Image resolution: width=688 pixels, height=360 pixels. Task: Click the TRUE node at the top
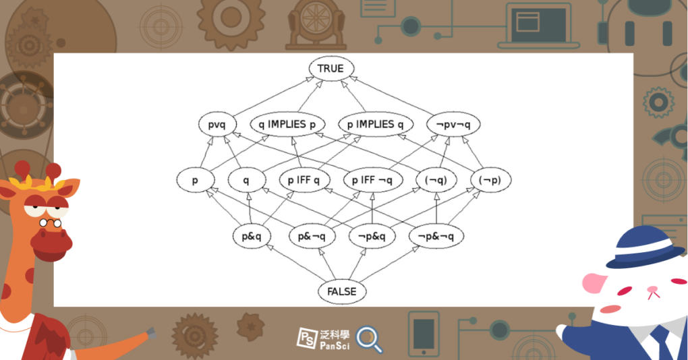[x=331, y=69]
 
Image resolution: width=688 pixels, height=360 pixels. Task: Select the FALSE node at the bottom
[x=342, y=292]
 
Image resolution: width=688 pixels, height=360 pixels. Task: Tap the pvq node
[x=217, y=125]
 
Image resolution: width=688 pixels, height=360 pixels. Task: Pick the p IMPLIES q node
[x=375, y=125]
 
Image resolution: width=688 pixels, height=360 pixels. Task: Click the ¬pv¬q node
[x=453, y=125]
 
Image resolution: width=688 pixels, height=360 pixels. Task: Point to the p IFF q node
[x=304, y=181]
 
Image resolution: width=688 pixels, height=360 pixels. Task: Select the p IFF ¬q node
[x=373, y=181]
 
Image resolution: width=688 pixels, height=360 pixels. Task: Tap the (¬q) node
[x=436, y=181]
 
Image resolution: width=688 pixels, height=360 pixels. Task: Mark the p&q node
[x=256, y=237]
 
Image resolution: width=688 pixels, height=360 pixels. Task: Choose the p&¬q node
[x=312, y=237]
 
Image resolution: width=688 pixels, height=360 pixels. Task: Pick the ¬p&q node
[x=372, y=237]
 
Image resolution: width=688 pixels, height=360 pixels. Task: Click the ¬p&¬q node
[x=436, y=237]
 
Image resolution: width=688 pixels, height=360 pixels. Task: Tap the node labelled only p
[x=196, y=181]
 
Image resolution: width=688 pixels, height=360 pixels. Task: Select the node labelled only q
[x=246, y=181]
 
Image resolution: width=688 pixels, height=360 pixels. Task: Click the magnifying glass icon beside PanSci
[x=368, y=338]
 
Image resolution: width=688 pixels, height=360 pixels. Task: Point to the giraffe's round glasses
[x=49, y=222]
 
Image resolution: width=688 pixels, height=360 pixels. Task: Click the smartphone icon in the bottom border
[x=424, y=334]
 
